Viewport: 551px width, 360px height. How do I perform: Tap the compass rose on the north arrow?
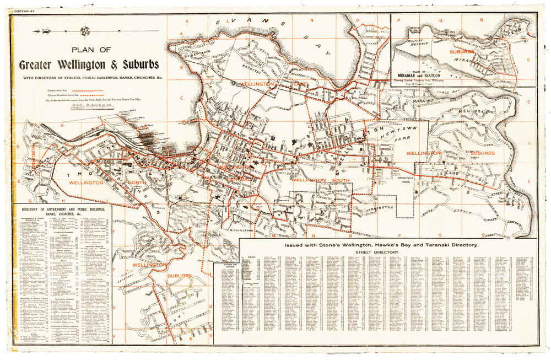coord(86,31)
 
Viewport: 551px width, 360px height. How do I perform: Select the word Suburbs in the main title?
coord(138,65)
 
